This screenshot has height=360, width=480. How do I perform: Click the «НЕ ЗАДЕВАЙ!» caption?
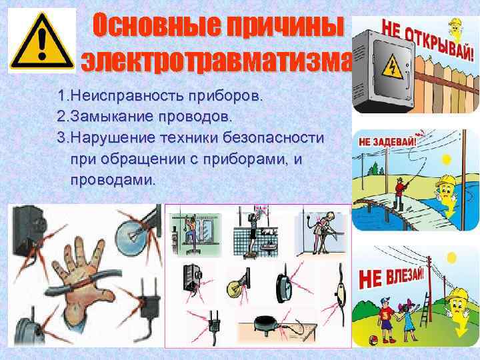(x=387, y=141)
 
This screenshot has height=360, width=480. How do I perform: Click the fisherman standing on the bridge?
(x=399, y=190)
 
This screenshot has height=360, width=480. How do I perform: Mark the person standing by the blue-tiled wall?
(x=254, y=231)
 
